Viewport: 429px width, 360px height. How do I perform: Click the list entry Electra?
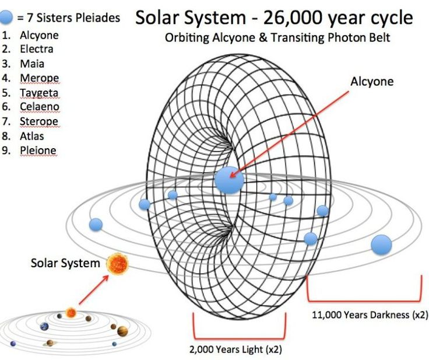pos(36,49)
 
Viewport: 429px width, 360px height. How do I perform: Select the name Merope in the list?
pos(39,78)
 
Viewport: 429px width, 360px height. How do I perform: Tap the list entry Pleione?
pos(38,151)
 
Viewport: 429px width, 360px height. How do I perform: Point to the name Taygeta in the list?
pos(39,93)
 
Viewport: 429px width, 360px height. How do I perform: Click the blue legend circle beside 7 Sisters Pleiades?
pos(6,18)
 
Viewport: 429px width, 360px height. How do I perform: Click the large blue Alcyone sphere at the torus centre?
pos(229,180)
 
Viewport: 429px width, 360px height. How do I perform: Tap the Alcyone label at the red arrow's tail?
pos(372,81)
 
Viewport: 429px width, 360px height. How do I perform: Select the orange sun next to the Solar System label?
pos(117,264)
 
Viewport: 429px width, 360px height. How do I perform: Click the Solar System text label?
pos(65,263)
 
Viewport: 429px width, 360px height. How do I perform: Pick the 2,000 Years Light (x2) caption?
pos(235,349)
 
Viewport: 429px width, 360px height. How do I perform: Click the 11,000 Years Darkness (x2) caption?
pos(370,315)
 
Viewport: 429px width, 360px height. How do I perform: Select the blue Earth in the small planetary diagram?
pos(44,327)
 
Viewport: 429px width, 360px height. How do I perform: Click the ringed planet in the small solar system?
pos(50,342)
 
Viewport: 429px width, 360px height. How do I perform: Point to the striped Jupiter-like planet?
pos(122,331)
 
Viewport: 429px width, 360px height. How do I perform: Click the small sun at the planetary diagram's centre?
pos(71,313)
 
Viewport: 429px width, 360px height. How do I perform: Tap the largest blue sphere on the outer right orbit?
pos(381,244)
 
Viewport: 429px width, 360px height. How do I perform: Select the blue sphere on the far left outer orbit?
pos(96,225)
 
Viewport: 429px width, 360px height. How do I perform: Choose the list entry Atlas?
pos(31,136)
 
